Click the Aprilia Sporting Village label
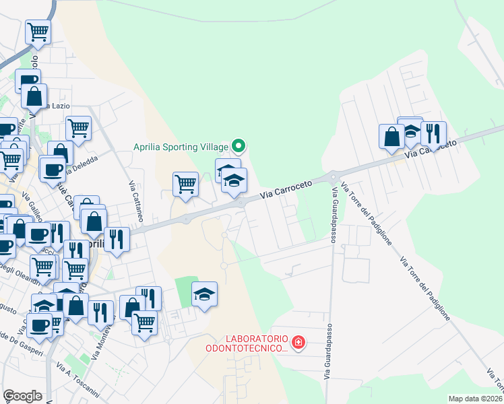(181, 145)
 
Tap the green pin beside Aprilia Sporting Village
(238, 145)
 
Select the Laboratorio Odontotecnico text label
(247, 343)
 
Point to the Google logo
(22, 396)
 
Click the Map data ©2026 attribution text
(475, 399)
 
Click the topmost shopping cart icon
(38, 30)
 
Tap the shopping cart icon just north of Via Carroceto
(185, 182)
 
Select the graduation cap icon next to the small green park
(205, 294)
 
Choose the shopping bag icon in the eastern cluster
(391, 136)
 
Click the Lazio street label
(57, 107)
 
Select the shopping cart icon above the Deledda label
(79, 127)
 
